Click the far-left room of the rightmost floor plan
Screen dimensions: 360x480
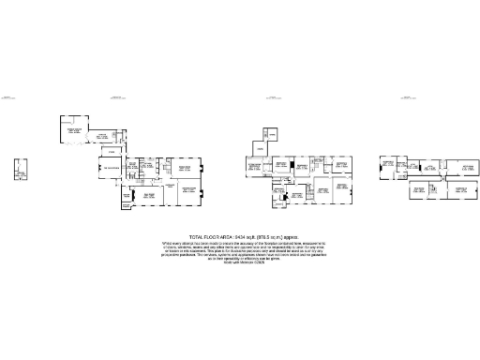(x=385, y=168)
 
